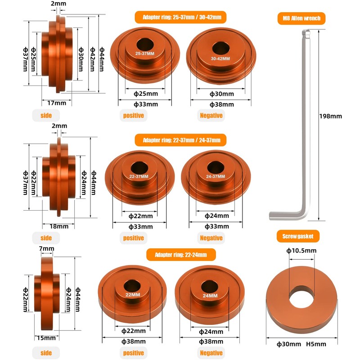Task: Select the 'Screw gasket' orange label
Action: coord(301,236)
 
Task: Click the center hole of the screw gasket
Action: coord(301,296)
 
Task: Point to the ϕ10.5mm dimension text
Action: coord(301,251)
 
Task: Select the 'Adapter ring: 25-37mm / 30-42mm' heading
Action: coord(180,18)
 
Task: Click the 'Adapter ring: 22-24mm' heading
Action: coord(181,255)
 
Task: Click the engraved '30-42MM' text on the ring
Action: coord(220,58)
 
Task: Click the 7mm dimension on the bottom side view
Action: coord(46,248)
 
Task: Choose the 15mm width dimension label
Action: coord(46,337)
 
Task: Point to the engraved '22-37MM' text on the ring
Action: coord(139,176)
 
